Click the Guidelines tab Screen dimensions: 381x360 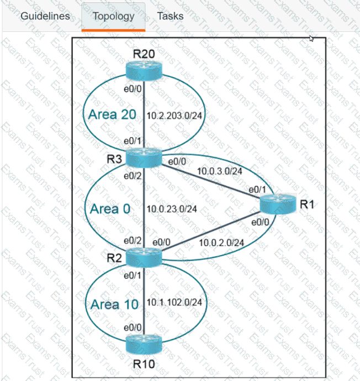pos(45,15)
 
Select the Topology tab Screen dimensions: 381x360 pos(113,15)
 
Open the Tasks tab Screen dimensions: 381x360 pos(170,15)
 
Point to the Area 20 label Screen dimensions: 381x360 pos(110,114)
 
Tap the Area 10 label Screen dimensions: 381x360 pos(112,304)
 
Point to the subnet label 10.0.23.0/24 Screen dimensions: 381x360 pos(172,209)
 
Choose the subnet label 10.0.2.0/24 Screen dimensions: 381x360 pos(222,242)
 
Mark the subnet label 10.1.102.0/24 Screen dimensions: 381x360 pos(174,302)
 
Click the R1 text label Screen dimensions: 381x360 pos(307,204)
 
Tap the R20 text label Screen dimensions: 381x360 pos(144,54)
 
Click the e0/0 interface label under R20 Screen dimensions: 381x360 pos(133,88)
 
